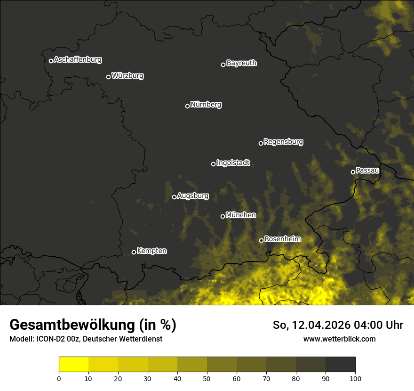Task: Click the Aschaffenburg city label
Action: pos(78,60)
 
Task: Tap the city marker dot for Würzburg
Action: pos(108,77)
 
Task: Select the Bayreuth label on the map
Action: pos(241,63)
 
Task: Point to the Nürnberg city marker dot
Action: pos(187,106)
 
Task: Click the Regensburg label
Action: pos(283,142)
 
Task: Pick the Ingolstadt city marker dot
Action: pos(213,164)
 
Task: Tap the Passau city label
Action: pos(367,171)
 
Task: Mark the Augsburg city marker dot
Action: pos(174,197)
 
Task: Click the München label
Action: pos(241,215)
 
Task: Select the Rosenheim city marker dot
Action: pos(261,240)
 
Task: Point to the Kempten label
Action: pos(151,251)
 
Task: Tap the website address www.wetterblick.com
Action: pos(339,339)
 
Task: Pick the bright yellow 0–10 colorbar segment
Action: pos(73,365)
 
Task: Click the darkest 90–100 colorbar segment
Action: pos(340,365)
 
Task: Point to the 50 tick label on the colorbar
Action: pos(207,378)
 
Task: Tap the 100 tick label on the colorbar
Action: pos(355,378)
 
